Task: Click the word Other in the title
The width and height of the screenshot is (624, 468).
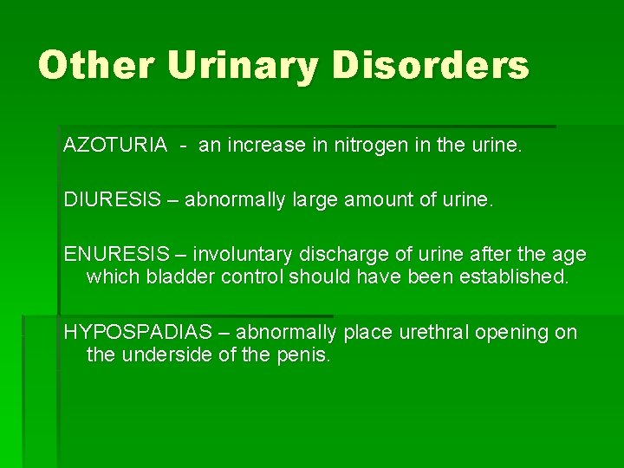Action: [x=96, y=65]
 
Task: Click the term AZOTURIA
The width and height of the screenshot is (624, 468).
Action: [x=115, y=145]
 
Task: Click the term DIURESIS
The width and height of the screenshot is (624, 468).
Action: [x=113, y=199]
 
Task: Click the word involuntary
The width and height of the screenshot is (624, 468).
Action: [x=243, y=255]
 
